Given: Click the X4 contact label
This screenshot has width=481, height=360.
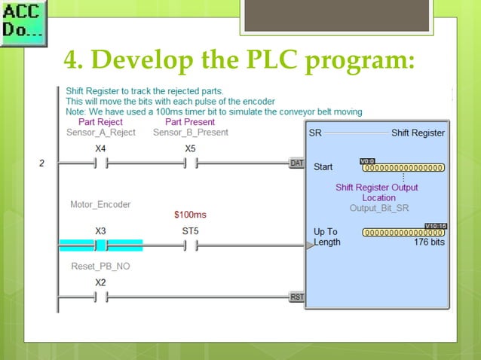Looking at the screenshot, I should [100, 148].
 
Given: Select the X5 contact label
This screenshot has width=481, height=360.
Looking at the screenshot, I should [191, 148].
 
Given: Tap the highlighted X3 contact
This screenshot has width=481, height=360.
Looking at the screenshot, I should [100, 245].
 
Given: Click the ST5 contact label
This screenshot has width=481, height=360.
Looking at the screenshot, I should [191, 230].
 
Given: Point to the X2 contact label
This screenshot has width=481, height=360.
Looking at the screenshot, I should [100, 282].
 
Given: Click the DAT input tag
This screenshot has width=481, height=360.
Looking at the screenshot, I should [297, 163].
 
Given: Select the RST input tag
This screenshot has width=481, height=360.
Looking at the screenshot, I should [297, 297].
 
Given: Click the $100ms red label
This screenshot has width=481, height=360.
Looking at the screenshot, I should [190, 215].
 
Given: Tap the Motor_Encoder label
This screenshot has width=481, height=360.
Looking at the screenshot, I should [100, 204].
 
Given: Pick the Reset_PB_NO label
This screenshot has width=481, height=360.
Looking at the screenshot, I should [100, 266].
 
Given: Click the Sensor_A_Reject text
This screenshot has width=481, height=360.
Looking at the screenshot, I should [100, 133].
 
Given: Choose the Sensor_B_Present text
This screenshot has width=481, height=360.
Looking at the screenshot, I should [190, 133].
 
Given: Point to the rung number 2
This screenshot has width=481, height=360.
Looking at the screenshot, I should [42, 163].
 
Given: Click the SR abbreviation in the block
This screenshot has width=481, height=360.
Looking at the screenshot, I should [315, 133].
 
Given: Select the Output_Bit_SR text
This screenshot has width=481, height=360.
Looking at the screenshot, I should [378, 208].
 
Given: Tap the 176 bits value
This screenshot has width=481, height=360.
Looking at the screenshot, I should [429, 243].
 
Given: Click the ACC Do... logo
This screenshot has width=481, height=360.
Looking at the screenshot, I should [23, 23].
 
